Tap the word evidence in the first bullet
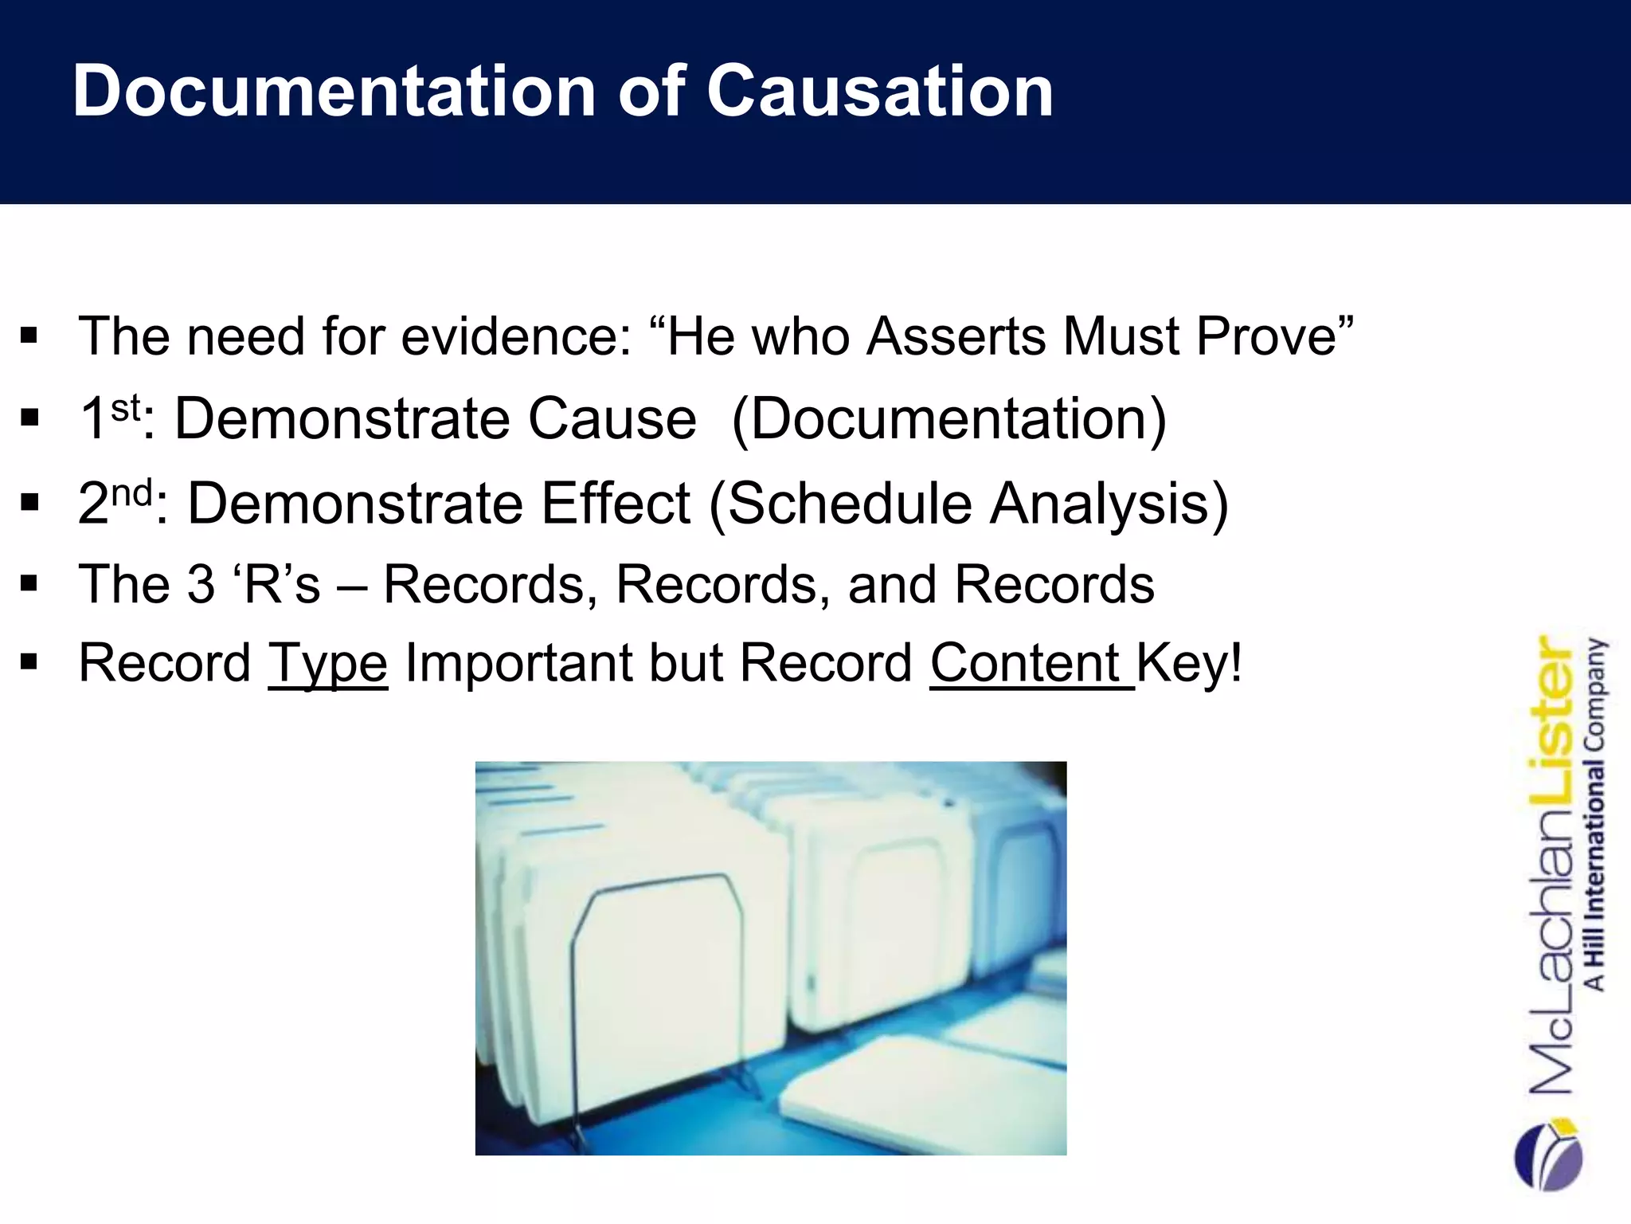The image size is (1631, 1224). (516, 336)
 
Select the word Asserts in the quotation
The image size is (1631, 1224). (956, 336)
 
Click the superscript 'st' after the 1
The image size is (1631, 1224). (125, 408)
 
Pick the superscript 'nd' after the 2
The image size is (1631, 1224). (131, 492)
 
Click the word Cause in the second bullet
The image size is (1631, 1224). (612, 419)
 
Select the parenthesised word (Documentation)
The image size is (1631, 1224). (948, 419)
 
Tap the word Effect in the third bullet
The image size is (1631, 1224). (616, 504)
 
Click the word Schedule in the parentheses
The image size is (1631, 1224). (849, 504)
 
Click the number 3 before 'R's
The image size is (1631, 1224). (201, 584)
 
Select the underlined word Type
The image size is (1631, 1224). (327, 664)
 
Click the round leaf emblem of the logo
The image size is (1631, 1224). (1549, 1155)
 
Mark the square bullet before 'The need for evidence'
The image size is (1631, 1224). (29, 335)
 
